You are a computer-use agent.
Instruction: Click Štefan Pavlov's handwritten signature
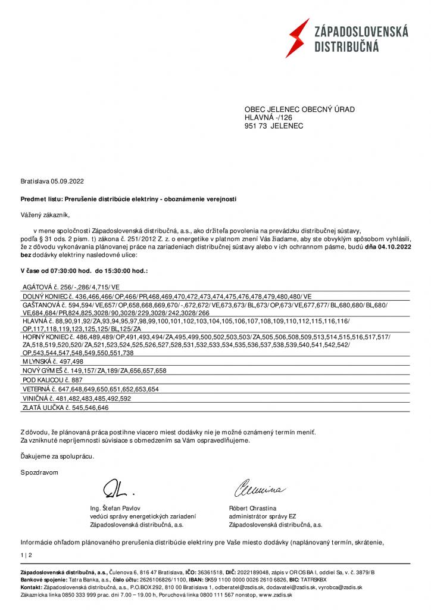coord(119,488)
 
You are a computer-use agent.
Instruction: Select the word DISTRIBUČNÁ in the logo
coord(346,46)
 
